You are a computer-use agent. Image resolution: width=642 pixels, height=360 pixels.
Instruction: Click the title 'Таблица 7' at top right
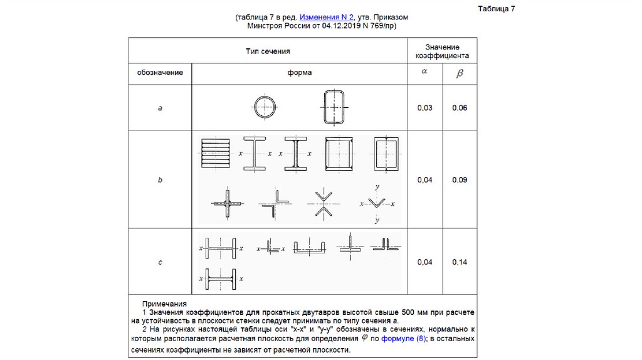[496, 9]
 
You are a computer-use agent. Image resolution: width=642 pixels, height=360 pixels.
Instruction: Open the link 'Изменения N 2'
[327, 18]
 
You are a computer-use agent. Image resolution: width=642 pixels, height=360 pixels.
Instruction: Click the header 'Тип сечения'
[267, 51]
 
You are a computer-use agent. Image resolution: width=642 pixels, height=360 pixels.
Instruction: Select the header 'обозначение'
[160, 73]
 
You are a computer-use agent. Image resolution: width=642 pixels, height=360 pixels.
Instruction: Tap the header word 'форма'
[300, 73]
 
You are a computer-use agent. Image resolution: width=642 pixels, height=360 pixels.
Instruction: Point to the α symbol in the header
[424, 71]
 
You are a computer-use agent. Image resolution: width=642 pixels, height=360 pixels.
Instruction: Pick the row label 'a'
[160, 109]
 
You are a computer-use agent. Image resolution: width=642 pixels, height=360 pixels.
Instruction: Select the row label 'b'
[160, 180]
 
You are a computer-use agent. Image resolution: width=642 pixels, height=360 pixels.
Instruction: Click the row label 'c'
[160, 262]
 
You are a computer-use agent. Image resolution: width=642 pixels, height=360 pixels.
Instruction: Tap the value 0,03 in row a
[424, 109]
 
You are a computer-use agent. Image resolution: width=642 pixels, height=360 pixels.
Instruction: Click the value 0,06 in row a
[460, 109]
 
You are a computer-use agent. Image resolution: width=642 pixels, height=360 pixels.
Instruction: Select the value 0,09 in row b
[460, 180]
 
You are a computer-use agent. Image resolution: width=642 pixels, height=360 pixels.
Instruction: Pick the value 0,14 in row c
[460, 262]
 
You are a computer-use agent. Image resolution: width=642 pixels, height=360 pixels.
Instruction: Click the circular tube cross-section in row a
[264, 107]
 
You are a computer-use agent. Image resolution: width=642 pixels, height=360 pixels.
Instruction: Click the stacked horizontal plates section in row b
[212, 152]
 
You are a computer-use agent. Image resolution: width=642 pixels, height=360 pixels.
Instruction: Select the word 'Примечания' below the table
[164, 304]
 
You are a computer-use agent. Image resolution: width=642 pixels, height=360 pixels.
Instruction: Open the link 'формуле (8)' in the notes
[403, 339]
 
